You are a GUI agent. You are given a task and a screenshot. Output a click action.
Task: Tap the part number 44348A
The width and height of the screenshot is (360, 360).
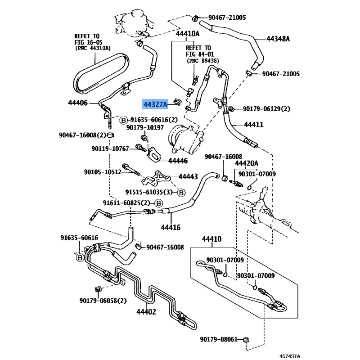point(278,39)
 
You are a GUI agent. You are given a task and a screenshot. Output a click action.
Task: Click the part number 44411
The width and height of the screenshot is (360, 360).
point(254,125)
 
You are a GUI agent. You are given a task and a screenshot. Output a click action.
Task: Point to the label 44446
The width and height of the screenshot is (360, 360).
point(178,160)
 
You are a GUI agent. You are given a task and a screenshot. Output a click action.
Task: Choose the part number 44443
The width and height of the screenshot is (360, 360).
point(188,177)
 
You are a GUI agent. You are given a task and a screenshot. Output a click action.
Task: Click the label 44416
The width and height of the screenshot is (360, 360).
point(171,228)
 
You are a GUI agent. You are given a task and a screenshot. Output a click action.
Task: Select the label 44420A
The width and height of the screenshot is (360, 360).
point(247,163)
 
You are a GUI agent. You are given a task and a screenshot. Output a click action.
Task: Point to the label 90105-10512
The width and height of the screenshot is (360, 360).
point(103,171)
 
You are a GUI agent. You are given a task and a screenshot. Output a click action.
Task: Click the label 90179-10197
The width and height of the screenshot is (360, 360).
point(145,128)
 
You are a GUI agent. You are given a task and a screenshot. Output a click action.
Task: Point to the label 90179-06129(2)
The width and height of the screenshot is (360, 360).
point(266,109)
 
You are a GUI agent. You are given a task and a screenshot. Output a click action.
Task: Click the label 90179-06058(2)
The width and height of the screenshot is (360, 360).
point(103,301)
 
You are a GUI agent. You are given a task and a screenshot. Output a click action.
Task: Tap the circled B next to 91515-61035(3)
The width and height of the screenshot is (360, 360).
point(181,193)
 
